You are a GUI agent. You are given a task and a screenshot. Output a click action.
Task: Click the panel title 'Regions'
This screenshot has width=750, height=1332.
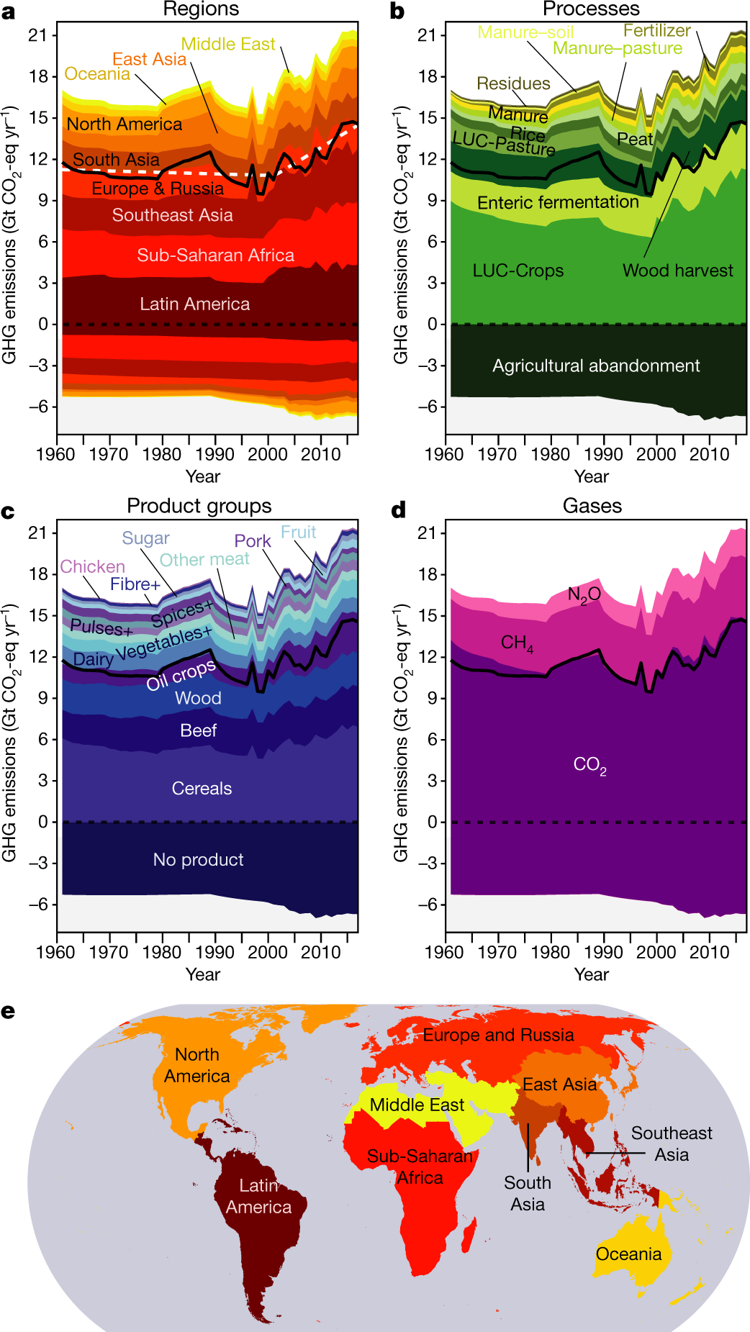click(x=201, y=9)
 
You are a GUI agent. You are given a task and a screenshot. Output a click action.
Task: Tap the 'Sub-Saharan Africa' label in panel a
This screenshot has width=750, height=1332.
click(x=215, y=255)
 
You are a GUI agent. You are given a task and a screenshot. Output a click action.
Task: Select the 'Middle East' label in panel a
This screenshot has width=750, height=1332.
click(x=227, y=45)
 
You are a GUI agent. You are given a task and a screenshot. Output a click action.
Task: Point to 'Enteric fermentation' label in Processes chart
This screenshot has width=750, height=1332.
click(x=558, y=203)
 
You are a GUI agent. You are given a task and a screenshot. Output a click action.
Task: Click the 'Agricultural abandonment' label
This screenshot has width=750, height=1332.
click(x=595, y=366)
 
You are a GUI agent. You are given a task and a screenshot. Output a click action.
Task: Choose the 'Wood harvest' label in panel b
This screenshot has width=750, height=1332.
click(x=677, y=271)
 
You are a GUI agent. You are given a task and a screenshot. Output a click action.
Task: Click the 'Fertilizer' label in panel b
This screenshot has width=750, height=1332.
click(x=656, y=31)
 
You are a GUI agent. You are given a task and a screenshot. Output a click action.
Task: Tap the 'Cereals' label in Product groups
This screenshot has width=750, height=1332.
click(x=202, y=789)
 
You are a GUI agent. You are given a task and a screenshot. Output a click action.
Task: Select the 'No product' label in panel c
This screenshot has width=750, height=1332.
click(x=198, y=860)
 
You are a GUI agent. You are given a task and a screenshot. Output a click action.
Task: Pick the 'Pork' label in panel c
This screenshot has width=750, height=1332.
click(x=252, y=541)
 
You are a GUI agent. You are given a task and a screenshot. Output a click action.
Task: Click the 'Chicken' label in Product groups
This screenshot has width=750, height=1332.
click(x=92, y=567)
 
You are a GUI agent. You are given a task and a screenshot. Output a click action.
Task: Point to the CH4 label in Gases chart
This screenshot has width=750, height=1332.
click(x=517, y=643)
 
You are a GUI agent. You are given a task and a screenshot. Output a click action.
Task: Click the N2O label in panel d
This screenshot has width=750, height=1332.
click(x=584, y=594)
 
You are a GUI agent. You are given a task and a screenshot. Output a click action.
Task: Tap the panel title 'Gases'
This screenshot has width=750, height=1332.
click(x=592, y=506)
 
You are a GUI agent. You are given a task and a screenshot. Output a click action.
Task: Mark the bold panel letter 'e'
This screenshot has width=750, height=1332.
click(x=8, y=1011)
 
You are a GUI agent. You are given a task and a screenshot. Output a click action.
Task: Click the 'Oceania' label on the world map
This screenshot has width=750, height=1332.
click(x=628, y=1254)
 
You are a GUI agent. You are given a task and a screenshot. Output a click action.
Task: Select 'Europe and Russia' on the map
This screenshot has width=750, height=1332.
click(x=498, y=1036)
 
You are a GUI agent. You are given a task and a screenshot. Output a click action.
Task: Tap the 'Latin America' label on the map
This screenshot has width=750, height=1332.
click(x=258, y=1196)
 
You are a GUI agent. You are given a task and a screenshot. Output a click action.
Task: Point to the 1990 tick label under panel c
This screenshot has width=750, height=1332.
click(x=214, y=952)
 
